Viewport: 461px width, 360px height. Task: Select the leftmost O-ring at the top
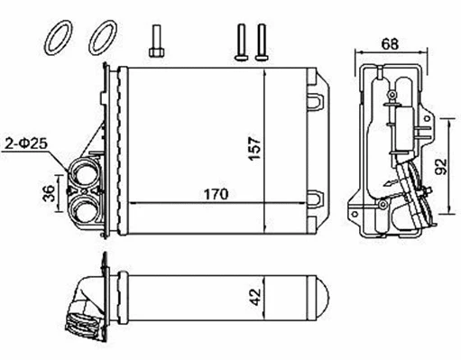[x=57, y=37]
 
